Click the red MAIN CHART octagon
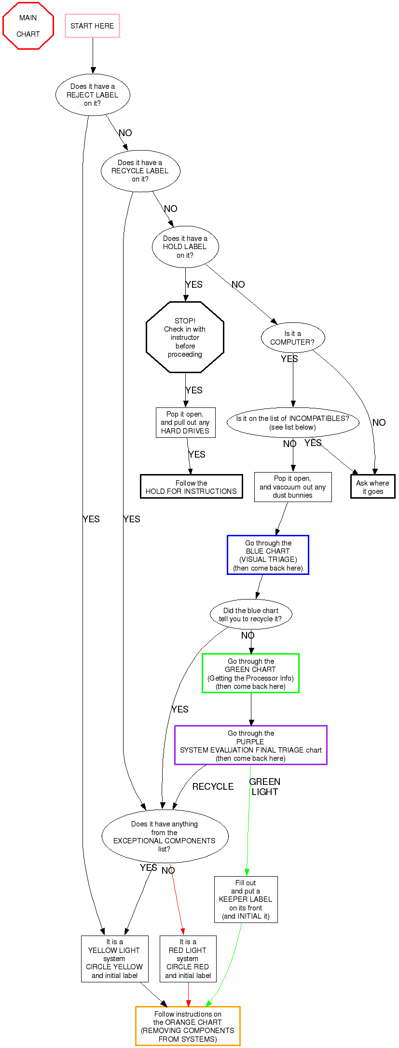coord(28,26)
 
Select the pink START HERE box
coord(92,26)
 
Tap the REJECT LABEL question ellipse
coord(93,95)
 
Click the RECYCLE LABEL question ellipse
coord(140,171)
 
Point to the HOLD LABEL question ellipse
coord(185,247)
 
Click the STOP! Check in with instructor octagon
coord(185,337)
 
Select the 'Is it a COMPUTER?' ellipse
coord(293,337)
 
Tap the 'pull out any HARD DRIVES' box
coord(185,423)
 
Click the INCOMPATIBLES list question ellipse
coord(293,423)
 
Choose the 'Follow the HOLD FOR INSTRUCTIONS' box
coord(192,487)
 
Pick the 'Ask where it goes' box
coord(372,487)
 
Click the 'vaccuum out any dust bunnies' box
coord(293,487)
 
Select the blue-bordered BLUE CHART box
coord(268,555)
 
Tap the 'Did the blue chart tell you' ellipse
coord(251,615)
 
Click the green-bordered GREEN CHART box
coord(251,673)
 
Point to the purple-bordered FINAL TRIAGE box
coord(251,745)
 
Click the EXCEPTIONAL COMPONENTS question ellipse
coord(165,837)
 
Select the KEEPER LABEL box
coord(246,899)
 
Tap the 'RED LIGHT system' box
coord(188,959)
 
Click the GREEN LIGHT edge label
coord(265,786)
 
